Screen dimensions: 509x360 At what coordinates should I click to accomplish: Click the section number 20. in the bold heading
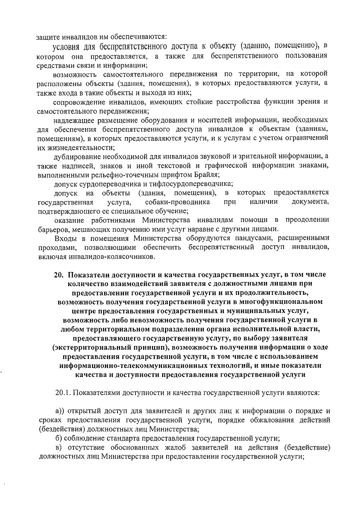tap(58, 274)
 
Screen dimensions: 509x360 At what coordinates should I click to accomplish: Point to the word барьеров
tap(50, 229)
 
